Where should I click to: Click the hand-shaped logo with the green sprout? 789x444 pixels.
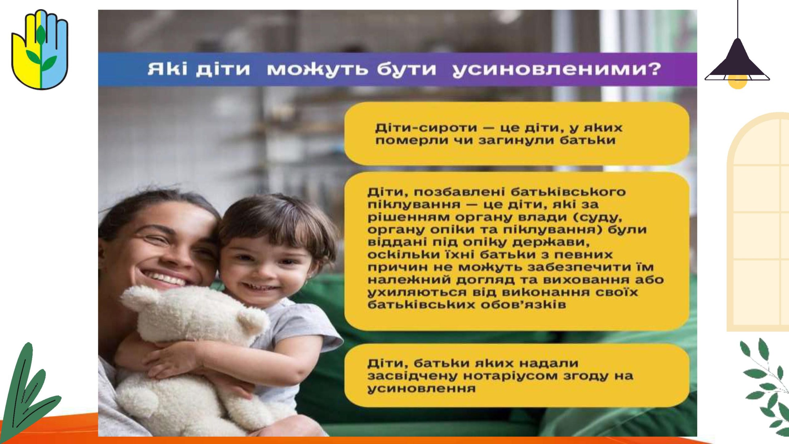[40, 49]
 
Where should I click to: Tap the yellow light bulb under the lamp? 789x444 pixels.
[737, 83]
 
